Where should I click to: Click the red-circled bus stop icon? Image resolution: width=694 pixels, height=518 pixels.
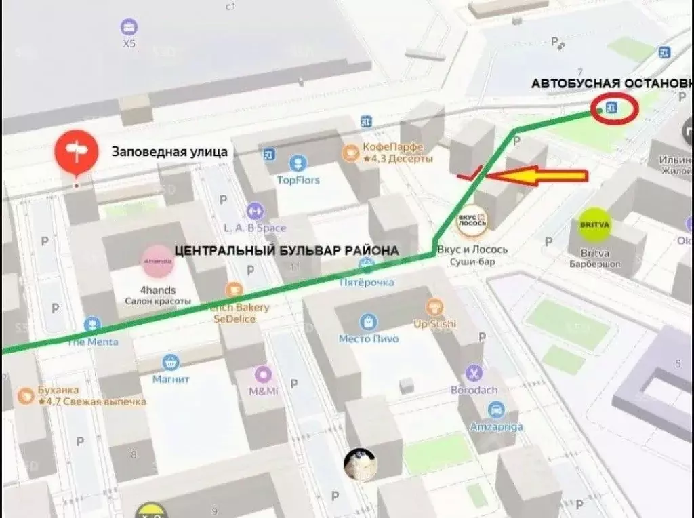tap(613, 108)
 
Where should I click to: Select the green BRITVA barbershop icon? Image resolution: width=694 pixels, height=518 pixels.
tap(594, 224)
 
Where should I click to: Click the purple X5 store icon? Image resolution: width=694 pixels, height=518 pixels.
tap(129, 27)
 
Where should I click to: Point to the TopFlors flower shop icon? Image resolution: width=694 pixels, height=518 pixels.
tap(298, 163)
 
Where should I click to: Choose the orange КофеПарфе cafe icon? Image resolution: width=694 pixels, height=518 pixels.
tap(350, 152)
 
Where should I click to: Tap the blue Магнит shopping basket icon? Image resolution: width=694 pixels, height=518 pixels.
tap(170, 363)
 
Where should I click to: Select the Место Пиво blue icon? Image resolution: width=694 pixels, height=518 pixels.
tap(368, 320)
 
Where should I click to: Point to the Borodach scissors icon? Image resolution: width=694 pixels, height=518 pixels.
tap(473, 373)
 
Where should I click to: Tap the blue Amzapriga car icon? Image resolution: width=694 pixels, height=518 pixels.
tap(496, 410)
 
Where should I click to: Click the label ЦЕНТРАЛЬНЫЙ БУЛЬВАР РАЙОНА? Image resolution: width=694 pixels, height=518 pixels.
tap(287, 250)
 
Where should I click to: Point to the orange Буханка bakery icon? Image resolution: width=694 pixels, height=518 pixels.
tap(26, 395)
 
